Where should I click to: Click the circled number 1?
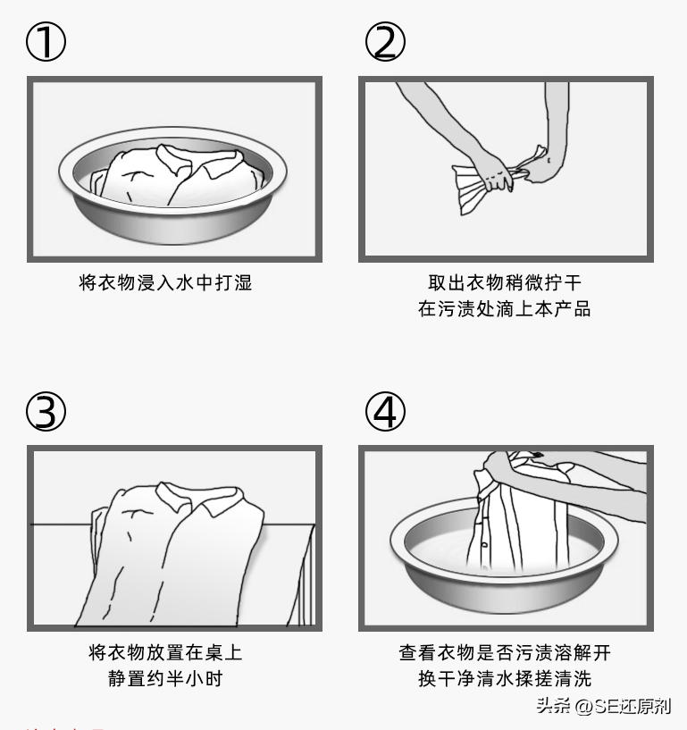pos(46,43)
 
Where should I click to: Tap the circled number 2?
pos(385,43)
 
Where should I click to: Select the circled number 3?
pos(46,411)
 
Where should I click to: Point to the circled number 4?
pos(385,411)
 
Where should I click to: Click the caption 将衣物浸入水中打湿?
pos(166,283)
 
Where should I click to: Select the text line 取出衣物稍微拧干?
pos(505,283)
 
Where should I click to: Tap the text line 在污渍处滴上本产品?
pos(505,310)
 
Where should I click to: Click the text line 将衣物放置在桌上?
pos(165,652)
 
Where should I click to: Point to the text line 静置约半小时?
pos(165,679)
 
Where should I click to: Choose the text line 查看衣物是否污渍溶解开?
pos(505,652)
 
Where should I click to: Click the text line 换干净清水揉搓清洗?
pos(505,679)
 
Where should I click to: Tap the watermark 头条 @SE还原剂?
pos(603,706)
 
